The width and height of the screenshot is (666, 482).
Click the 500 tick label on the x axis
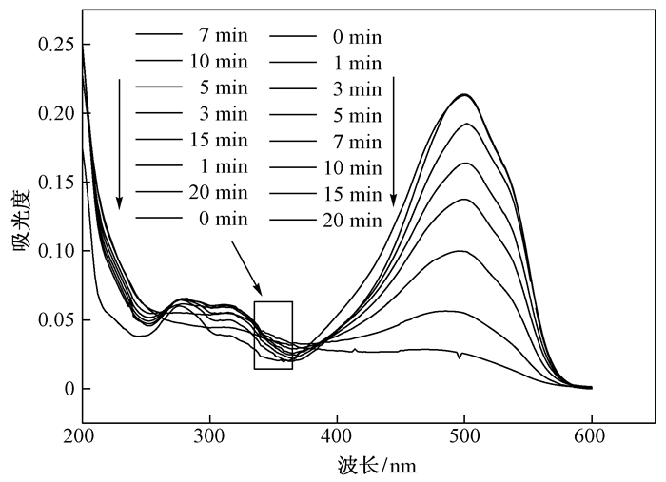463,438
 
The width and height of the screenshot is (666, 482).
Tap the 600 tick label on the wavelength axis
591,438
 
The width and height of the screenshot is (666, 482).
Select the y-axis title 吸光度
20,236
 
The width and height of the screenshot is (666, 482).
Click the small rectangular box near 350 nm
273,335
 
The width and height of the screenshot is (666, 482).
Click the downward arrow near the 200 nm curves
119,144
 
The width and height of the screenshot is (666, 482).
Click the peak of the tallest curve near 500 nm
464,94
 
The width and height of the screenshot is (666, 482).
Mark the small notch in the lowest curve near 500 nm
460,357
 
